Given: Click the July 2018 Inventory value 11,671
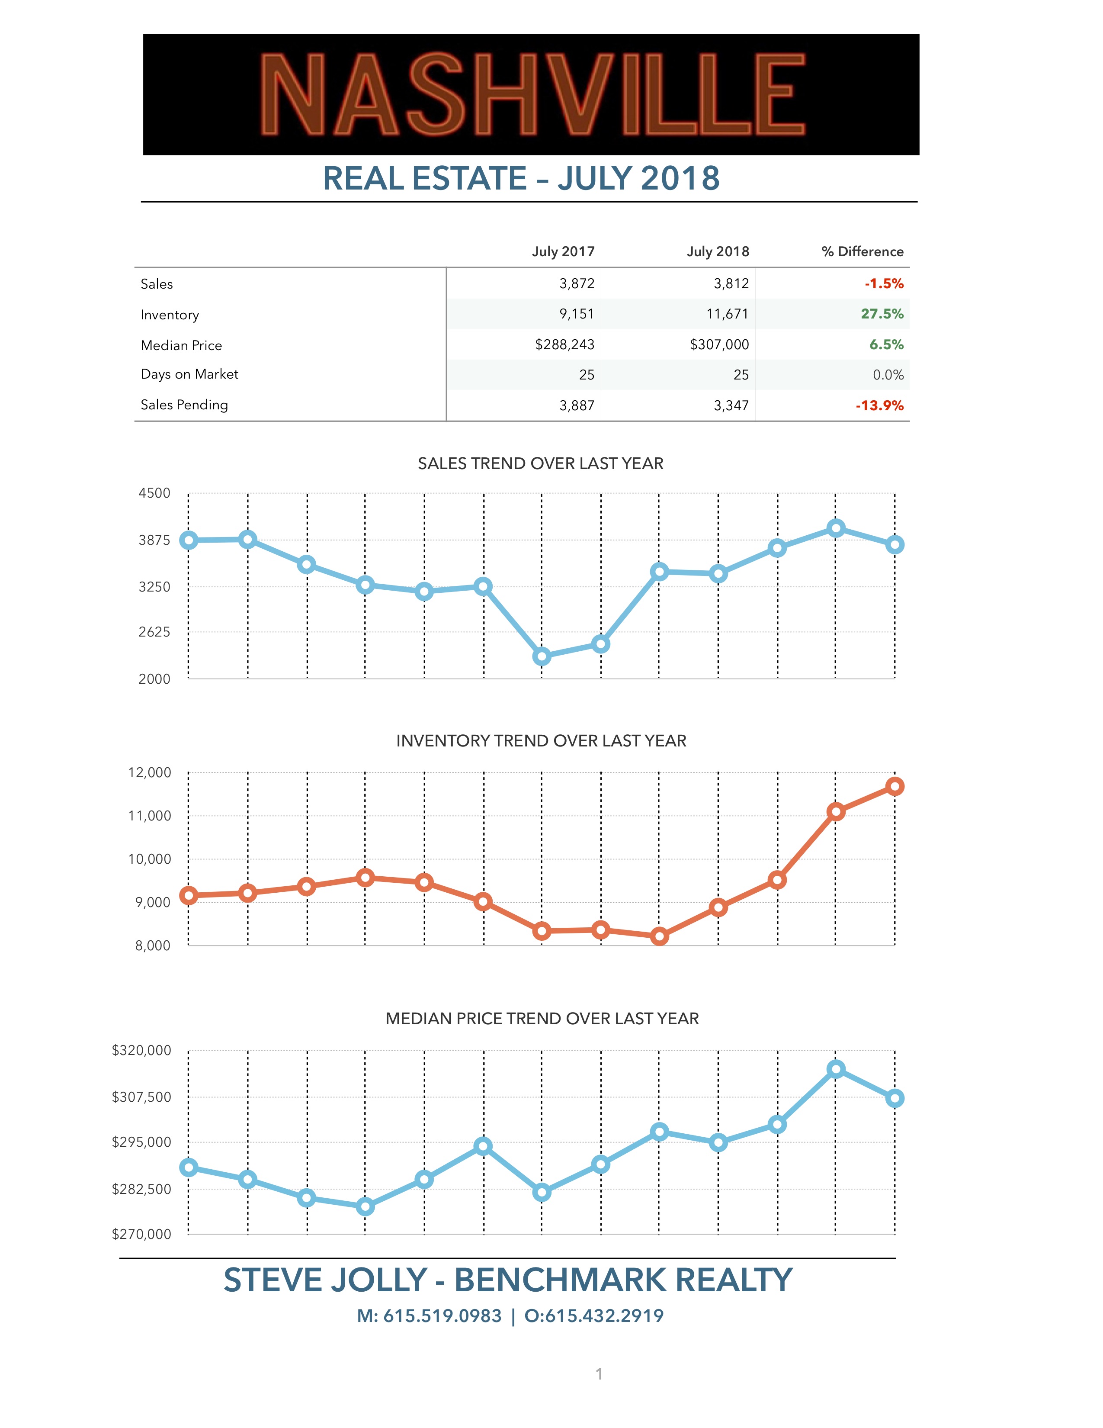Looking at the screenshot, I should click(x=727, y=314).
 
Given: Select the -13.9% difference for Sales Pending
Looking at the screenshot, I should click(x=879, y=405).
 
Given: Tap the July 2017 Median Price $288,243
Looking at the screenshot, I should click(x=564, y=344).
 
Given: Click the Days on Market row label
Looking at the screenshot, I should click(x=189, y=374).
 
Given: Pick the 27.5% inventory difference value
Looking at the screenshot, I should click(x=882, y=314).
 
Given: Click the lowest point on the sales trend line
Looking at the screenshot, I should click(x=542, y=656).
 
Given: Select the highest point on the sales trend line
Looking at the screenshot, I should click(x=836, y=528).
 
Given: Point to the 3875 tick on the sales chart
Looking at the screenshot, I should click(x=154, y=540).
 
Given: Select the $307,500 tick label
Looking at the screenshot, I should click(x=142, y=1097).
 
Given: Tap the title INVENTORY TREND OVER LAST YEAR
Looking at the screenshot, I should click(x=541, y=741).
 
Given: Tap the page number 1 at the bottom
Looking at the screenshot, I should click(x=599, y=1374).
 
